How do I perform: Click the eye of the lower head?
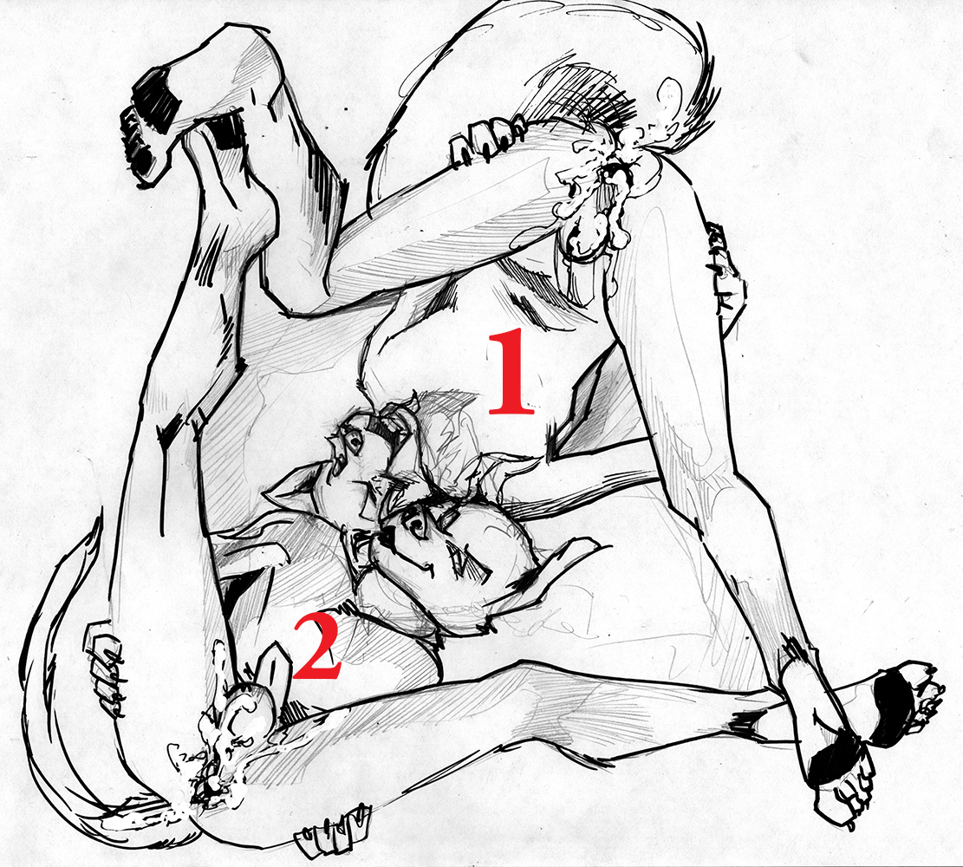point(419,525)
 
